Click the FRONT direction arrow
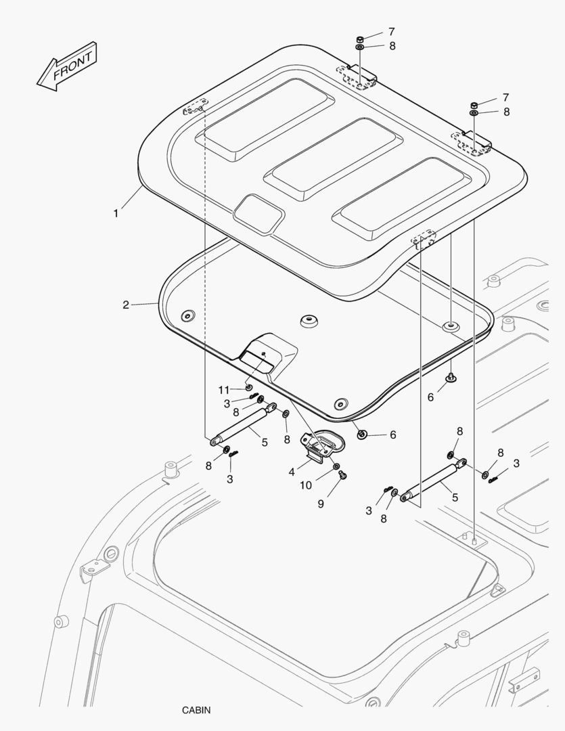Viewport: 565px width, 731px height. [x=67, y=66]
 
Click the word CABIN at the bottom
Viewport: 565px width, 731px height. [x=196, y=710]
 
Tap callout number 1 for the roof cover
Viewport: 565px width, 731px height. [x=116, y=213]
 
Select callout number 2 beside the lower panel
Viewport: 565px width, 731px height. [x=126, y=305]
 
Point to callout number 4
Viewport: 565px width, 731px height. [x=292, y=472]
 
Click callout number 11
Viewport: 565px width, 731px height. [x=224, y=390]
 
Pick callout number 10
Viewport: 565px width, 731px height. [x=306, y=485]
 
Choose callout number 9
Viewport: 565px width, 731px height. [x=321, y=504]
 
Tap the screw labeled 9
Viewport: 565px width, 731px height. [x=344, y=475]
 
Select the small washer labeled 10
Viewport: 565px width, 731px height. [x=336, y=466]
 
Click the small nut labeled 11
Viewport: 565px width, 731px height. [x=248, y=387]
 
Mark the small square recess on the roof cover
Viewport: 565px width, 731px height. [x=259, y=214]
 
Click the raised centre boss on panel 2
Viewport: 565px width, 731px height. [x=309, y=321]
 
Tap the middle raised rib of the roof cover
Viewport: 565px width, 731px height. [x=334, y=160]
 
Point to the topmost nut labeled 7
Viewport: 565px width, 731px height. [x=360, y=39]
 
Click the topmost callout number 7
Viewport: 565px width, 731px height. [x=392, y=32]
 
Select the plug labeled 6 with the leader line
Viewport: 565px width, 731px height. [x=362, y=435]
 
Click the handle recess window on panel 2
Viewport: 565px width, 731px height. [x=256, y=361]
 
